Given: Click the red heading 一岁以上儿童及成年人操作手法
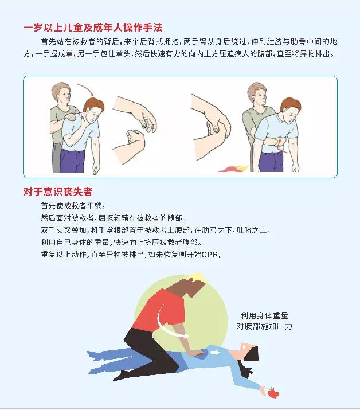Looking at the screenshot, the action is click(x=93, y=28).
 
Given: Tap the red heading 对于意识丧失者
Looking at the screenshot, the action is click(x=58, y=192).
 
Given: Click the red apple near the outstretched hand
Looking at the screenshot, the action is click(x=273, y=392).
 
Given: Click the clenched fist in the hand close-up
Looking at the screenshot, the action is click(x=135, y=139).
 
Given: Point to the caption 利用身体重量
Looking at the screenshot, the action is click(x=264, y=315).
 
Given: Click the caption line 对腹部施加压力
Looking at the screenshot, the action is click(x=264, y=326).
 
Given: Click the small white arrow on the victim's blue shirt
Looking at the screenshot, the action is click(x=215, y=353).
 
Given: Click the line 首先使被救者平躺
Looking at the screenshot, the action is click(x=73, y=205).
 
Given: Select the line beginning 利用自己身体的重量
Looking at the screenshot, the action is click(x=121, y=243).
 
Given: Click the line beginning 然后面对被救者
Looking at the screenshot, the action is click(x=113, y=218).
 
